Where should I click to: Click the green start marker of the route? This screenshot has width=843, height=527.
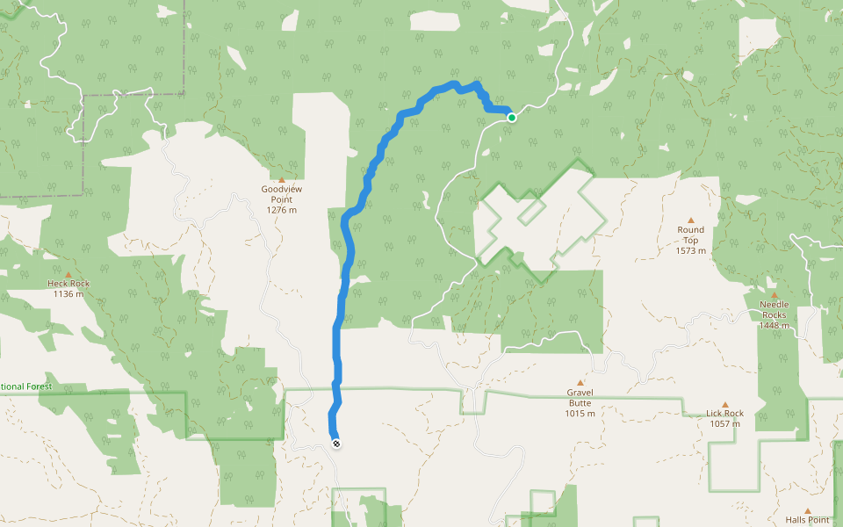coord(511,117)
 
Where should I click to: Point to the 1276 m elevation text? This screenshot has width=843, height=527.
coord(281,210)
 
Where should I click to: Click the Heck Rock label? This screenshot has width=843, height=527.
coord(68,284)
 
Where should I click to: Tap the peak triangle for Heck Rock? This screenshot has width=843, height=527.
coord(68,274)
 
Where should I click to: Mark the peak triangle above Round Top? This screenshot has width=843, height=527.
coord(690,220)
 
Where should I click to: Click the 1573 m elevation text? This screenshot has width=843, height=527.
coord(690,251)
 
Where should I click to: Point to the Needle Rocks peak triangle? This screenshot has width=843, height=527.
coord(774,295)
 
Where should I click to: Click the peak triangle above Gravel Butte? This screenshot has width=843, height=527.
coord(580,383)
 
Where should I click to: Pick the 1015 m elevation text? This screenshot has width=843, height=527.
coord(580,414)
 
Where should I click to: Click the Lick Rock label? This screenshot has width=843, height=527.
coord(724,413)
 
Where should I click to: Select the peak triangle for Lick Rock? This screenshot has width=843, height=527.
coord(724,404)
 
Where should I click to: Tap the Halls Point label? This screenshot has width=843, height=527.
coord(807,520)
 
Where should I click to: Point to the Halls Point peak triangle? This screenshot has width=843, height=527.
coord(807,510)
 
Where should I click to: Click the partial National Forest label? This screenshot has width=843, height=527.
coord(26,386)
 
